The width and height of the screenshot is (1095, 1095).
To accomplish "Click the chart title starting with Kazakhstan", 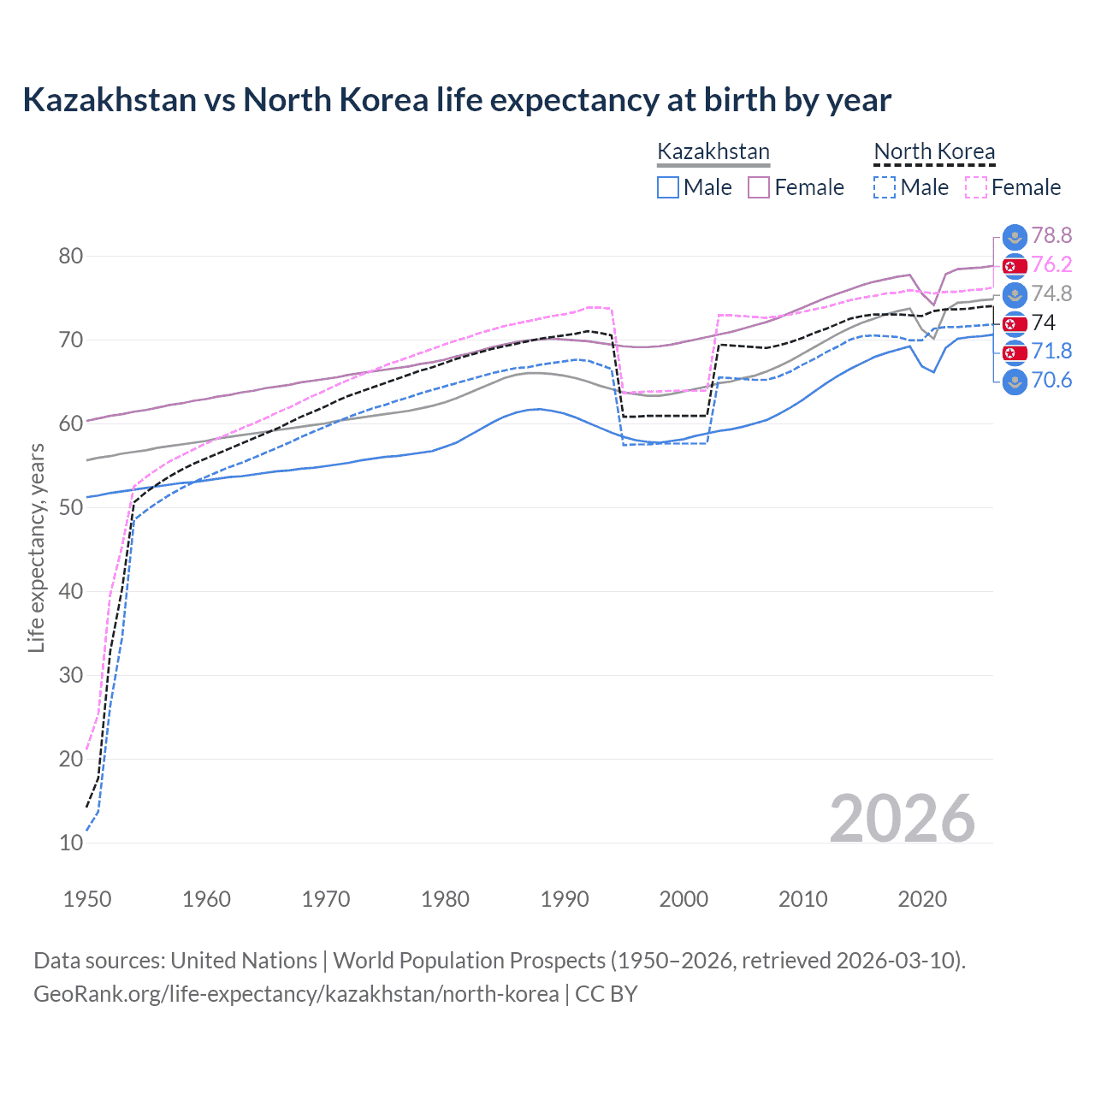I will [457, 100].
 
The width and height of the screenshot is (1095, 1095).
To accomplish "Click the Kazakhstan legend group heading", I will [713, 152].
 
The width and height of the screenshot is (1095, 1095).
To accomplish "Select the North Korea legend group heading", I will [934, 152].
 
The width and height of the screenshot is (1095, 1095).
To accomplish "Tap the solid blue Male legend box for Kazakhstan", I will [668, 187].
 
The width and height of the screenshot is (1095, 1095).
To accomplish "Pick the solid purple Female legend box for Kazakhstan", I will [759, 187].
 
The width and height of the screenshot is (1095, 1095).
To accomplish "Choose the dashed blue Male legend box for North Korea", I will [885, 187].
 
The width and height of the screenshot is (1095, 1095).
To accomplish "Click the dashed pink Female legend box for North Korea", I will [976, 187].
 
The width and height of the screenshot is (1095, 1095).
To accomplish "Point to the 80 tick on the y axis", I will [71, 256].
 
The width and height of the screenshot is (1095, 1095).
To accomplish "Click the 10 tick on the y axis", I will [71, 843].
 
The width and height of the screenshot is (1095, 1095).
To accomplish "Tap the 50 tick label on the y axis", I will [71, 507].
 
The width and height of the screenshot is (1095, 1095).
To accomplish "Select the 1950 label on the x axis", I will [87, 899].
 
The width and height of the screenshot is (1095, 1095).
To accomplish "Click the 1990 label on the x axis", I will [565, 899].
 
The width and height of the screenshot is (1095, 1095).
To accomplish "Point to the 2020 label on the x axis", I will [922, 899].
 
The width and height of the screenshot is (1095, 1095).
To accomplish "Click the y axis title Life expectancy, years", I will [36, 547].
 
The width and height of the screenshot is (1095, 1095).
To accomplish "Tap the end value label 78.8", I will [1051, 235].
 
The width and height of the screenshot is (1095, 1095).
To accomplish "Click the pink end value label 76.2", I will [1051, 265].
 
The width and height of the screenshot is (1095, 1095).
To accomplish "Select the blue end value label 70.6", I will [1051, 381].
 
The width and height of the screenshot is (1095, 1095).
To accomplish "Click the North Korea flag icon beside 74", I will [1015, 323].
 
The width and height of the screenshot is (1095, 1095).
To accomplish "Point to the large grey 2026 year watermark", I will [903, 819].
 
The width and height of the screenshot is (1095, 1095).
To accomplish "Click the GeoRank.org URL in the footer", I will [296, 994].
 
